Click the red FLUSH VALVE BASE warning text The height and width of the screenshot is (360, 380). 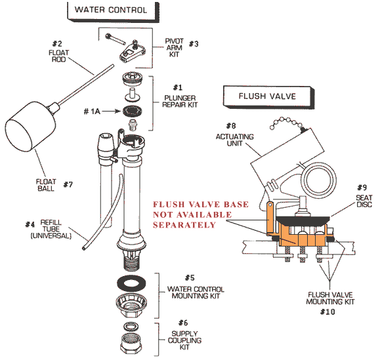200,214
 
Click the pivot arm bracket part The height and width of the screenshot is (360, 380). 131,50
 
